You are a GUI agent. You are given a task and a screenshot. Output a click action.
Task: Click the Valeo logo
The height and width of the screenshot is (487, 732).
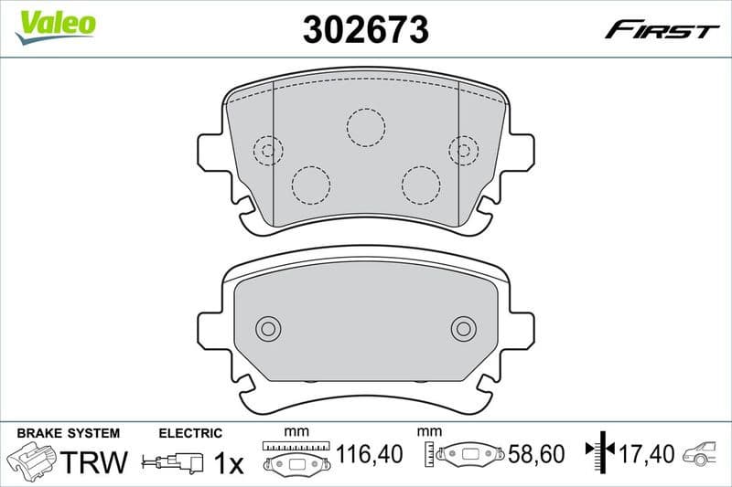[56, 23]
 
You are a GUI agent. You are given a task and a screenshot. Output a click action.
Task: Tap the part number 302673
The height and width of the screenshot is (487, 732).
[366, 30]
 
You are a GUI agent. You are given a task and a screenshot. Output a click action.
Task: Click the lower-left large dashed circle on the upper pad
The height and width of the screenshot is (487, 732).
[310, 185]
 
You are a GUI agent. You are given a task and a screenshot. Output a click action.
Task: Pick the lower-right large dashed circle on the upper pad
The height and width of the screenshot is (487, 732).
[421, 185]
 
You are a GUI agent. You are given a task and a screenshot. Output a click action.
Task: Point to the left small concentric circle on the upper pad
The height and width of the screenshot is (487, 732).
[268, 150]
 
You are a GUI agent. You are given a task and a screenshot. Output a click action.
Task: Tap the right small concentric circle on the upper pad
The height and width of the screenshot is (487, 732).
[464, 150]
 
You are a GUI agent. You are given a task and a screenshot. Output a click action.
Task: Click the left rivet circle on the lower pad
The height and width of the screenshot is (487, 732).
[268, 328]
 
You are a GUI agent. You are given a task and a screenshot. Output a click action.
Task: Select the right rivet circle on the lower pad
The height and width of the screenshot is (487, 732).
[464, 328]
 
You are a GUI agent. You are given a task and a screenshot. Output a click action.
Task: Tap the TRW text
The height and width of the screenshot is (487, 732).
[96, 462]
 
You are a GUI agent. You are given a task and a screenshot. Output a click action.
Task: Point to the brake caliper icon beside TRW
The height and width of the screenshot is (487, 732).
[33, 460]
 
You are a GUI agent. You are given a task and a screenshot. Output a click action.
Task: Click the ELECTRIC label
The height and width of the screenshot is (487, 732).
[190, 433]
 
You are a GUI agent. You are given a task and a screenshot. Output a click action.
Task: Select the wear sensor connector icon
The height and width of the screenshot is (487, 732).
[174, 463]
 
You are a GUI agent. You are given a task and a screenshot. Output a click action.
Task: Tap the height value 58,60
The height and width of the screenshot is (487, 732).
[537, 452]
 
